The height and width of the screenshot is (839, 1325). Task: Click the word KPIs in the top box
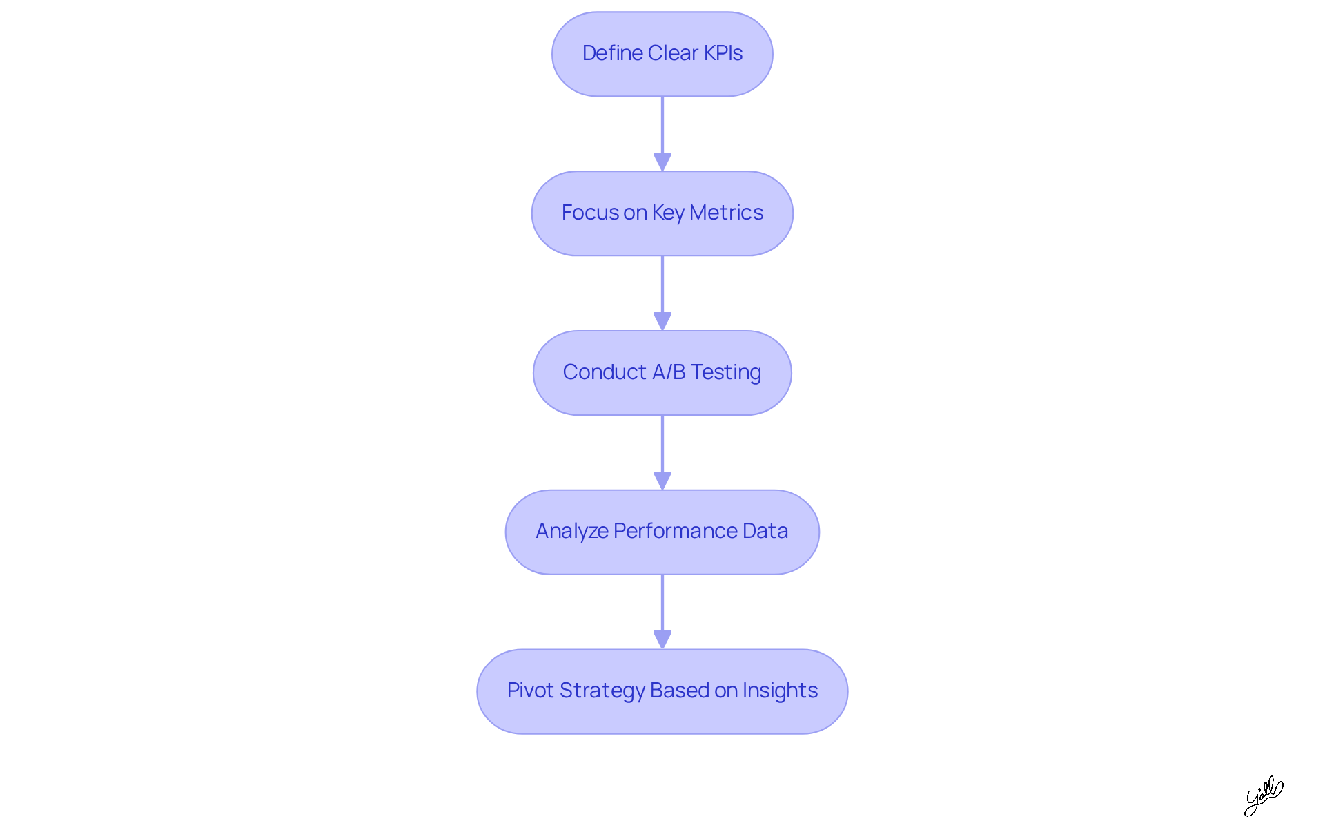click(723, 53)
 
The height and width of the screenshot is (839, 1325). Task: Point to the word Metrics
click(726, 213)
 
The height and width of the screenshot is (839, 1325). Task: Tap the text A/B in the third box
click(669, 372)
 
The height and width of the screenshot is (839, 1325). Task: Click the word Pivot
click(530, 691)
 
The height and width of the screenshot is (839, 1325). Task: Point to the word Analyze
click(571, 531)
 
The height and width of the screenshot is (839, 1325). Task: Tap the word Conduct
click(604, 372)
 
